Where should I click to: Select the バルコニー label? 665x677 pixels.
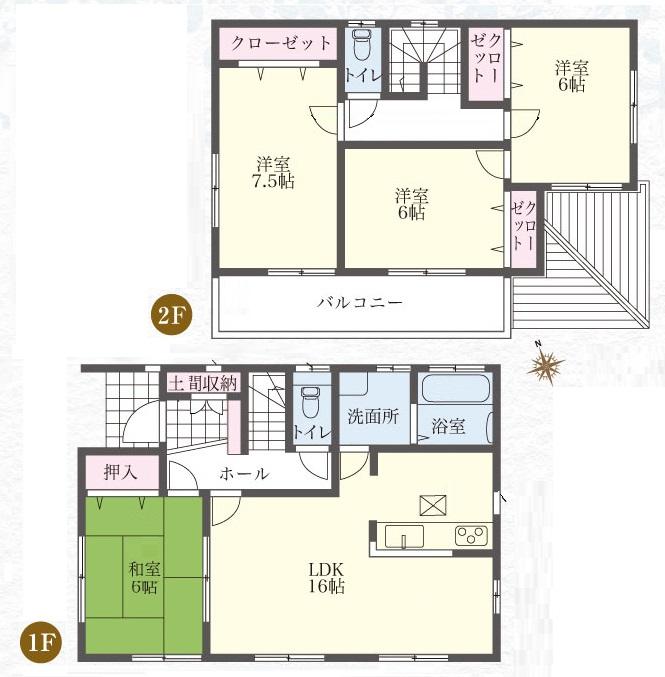pyautogui.click(x=360, y=301)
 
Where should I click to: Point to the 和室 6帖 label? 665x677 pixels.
pyautogui.click(x=142, y=578)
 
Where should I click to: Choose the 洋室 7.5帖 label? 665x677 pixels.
pyautogui.click(x=272, y=172)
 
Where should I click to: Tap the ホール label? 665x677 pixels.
pyautogui.click(x=243, y=474)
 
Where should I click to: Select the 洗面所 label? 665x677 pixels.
pyautogui.click(x=374, y=418)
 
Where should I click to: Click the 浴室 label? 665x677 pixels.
pyautogui.click(x=448, y=426)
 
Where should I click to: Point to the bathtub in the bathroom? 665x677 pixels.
pyautogui.click(x=454, y=389)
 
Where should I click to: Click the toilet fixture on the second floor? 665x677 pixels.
pyautogui.click(x=361, y=46)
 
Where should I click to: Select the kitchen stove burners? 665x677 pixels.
pyautogui.click(x=470, y=535)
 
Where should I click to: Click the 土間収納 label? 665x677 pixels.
pyautogui.click(x=203, y=382)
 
